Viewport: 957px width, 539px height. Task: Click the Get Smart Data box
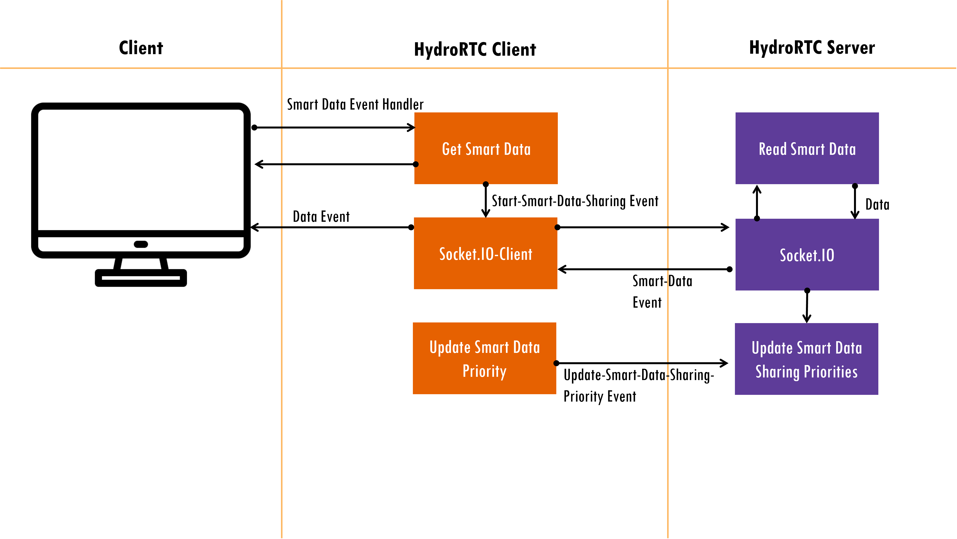coord(486,148)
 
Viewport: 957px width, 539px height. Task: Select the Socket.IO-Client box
coord(485,253)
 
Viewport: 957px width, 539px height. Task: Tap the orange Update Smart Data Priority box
coord(484,358)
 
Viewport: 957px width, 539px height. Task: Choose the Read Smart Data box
coord(807,148)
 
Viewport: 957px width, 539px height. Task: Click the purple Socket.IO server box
coord(807,255)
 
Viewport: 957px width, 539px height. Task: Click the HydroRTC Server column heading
coord(812,48)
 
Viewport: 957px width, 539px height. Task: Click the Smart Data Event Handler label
coord(355,104)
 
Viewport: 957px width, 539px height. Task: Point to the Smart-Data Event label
coord(662,292)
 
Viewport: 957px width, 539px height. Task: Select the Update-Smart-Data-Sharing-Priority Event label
coord(639,385)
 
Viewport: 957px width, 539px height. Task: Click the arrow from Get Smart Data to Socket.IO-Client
coord(485,201)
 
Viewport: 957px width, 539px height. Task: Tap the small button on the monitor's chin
coord(141,244)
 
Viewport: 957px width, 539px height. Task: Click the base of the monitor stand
coord(141,278)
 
